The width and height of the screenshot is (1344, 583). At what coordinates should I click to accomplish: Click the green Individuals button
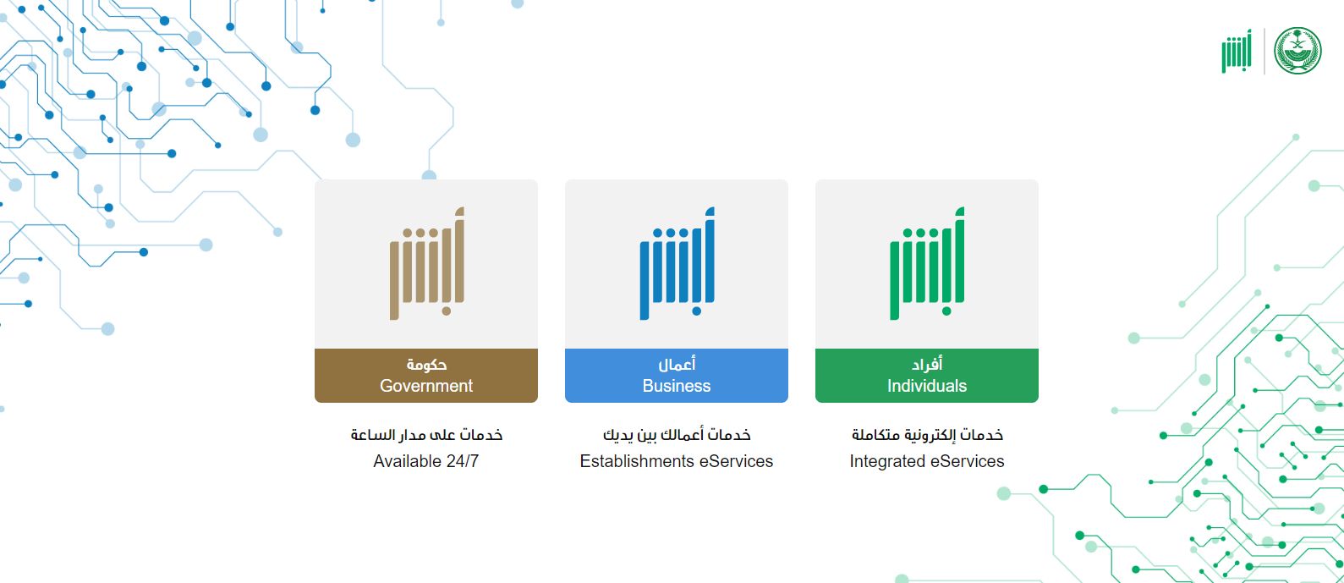[x=926, y=376]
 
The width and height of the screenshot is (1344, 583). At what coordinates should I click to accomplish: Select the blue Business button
[x=676, y=376]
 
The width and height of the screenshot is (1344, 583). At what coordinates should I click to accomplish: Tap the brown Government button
[x=425, y=376]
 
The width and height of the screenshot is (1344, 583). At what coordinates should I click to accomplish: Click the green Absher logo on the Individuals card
[x=927, y=263]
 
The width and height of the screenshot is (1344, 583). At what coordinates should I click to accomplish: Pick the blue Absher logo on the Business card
[x=677, y=263]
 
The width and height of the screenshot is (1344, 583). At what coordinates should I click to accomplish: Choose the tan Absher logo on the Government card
[x=426, y=263]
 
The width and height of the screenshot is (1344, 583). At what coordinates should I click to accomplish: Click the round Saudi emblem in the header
[x=1297, y=51]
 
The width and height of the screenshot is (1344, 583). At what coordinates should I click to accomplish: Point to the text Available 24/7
[x=426, y=461]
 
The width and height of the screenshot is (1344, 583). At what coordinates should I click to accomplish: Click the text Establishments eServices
[x=677, y=461]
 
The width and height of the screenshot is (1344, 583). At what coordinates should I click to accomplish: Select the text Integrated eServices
[x=927, y=461]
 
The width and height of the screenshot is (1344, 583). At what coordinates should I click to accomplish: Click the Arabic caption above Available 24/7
[x=426, y=435]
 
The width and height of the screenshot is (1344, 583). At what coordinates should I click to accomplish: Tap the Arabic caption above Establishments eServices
[x=677, y=435]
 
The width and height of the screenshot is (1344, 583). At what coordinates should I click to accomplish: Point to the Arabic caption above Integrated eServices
[x=927, y=435]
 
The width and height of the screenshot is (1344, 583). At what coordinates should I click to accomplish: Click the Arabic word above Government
[x=426, y=365]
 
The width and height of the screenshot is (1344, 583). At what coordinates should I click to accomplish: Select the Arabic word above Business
[x=677, y=365]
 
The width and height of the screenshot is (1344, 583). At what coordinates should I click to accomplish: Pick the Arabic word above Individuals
[x=927, y=365]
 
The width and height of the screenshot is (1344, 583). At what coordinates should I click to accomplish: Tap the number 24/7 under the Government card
[x=462, y=461]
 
